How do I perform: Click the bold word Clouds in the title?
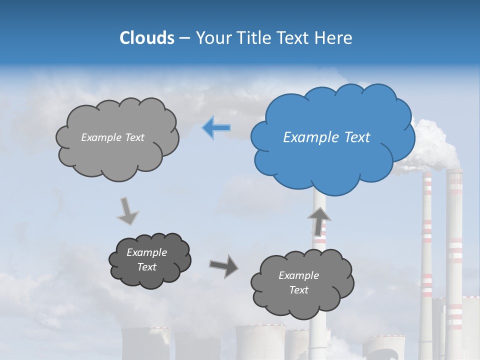[x=147, y=38]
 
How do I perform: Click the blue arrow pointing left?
[x=216, y=128]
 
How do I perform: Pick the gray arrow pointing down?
[x=127, y=211]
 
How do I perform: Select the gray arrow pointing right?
[x=223, y=266]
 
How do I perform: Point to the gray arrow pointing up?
[x=319, y=221]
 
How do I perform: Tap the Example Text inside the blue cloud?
[x=326, y=137]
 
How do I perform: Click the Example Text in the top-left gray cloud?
[x=112, y=137]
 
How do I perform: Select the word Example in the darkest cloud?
[x=146, y=252]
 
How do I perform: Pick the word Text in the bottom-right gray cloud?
[x=298, y=290]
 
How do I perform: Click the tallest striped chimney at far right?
[x=454, y=260]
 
